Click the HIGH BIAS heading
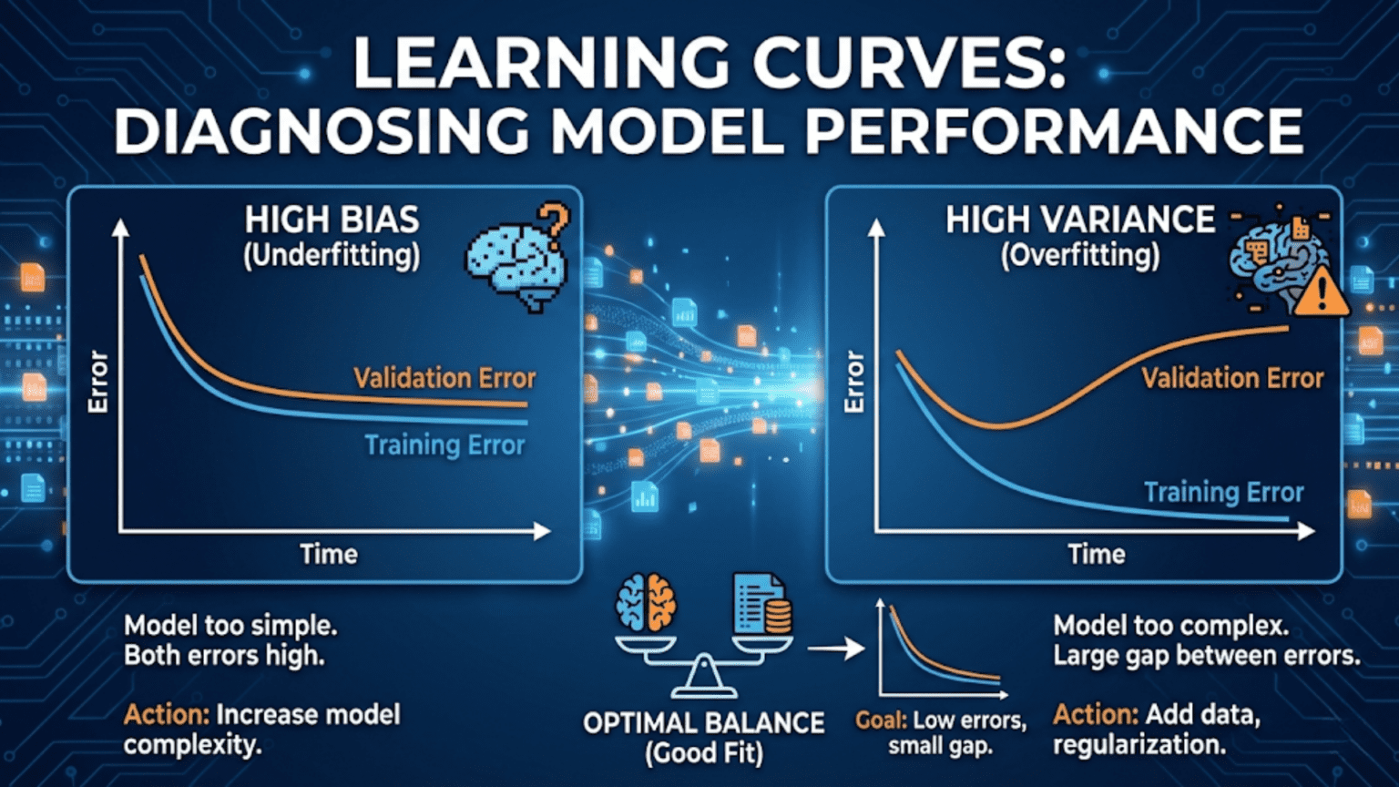pos(332,220)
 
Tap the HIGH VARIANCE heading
pos(1079,220)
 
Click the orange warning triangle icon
pos(1321,293)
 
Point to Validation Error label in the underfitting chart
pos(444,378)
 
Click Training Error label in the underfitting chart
pos(444,445)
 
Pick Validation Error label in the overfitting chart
pos(1232,378)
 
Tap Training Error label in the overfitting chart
pos(1223,493)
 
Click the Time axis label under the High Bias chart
pos(329,554)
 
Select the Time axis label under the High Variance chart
pos(1097,554)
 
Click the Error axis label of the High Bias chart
pos(98,382)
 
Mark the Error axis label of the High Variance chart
pos(854,382)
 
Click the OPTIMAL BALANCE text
pos(703,723)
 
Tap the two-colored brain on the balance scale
pos(646,603)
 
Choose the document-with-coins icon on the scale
pos(761,603)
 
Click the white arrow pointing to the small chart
pos(835,649)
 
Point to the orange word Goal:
pos(881,721)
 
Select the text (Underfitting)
pos(332,256)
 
